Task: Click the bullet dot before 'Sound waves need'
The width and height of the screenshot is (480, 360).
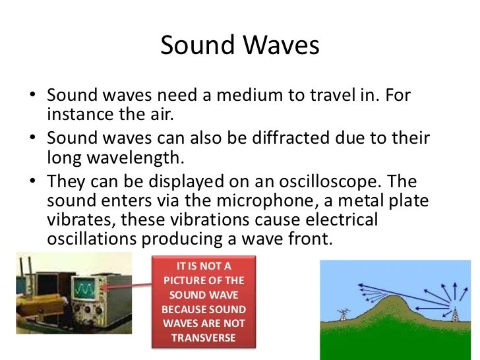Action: tap(33, 96)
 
